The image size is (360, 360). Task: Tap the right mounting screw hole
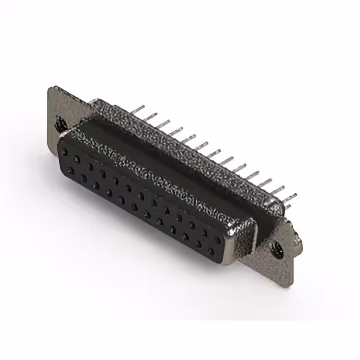[x=277, y=252]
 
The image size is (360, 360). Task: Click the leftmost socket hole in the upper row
[x=66, y=152]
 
